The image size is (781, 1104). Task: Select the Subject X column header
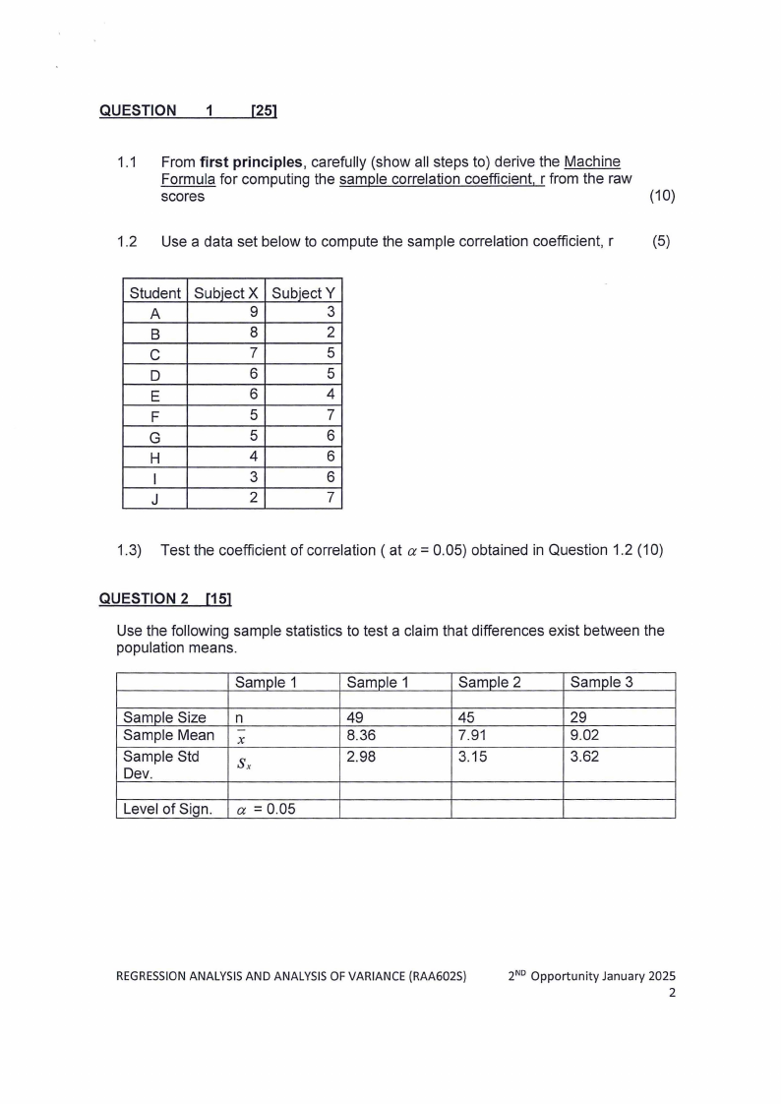(x=226, y=292)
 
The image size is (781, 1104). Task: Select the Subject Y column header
(x=303, y=292)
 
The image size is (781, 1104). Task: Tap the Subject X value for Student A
(x=254, y=313)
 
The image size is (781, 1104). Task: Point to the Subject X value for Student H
(x=254, y=456)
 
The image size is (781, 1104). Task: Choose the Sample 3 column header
(x=600, y=682)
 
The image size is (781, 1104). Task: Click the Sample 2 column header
(x=488, y=682)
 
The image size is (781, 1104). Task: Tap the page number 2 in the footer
(x=672, y=993)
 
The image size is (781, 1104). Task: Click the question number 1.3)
(x=130, y=550)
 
